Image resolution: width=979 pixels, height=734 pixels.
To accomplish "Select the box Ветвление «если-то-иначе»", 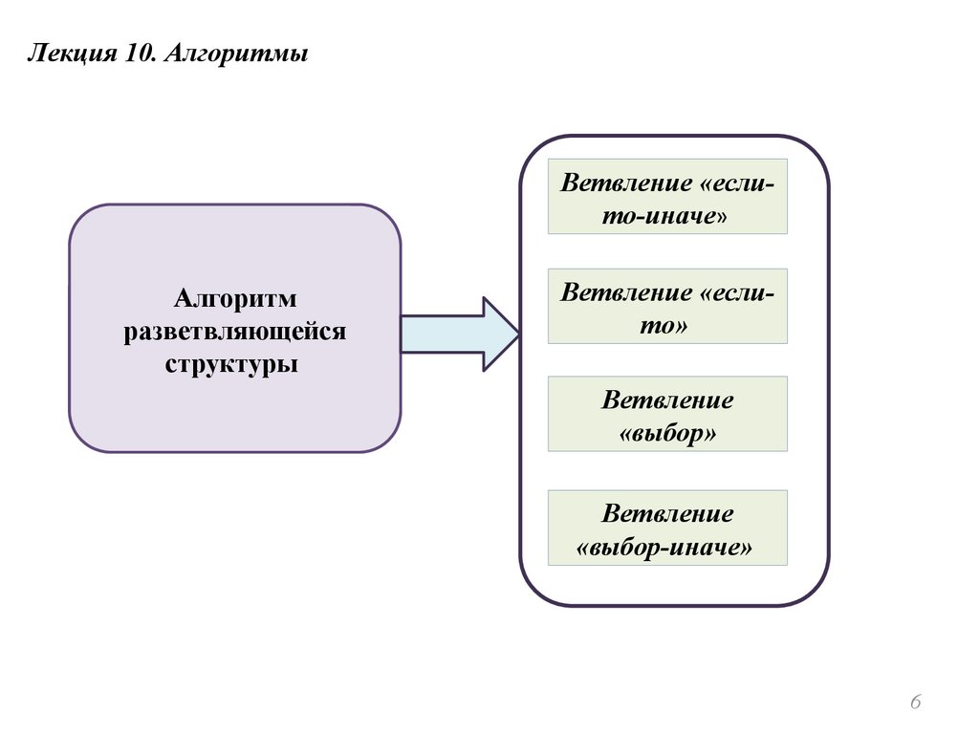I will coord(667,196).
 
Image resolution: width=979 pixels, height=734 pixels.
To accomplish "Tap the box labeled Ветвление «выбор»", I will coord(667,413).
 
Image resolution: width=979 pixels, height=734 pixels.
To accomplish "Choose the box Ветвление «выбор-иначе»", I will coord(667,528).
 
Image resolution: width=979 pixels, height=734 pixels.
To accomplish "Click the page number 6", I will coord(915,703).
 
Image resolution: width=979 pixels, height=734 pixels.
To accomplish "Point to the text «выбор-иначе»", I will coord(666,548).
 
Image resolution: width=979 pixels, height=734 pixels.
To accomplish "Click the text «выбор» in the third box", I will coord(667,433).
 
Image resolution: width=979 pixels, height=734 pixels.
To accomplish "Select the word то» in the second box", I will coord(667,325).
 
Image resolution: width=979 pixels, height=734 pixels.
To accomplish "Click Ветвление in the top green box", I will coord(626,182).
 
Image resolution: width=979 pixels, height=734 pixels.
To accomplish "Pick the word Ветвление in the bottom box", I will coord(667,514).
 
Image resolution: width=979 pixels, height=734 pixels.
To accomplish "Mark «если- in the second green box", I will coord(737,291).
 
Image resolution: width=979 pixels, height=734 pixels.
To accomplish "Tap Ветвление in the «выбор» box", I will coord(667,399).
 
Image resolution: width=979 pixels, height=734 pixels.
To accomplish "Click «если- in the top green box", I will coord(737,182).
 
